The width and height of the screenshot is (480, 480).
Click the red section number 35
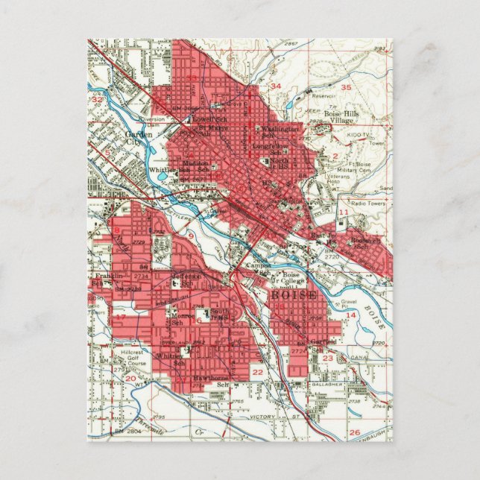[345, 88]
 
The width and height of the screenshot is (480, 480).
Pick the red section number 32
[97, 98]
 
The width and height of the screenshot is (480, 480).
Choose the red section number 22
[257, 370]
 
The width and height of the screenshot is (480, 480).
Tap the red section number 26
[355, 432]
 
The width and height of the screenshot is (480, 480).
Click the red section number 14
[350, 315]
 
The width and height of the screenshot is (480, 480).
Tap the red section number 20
[131, 379]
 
